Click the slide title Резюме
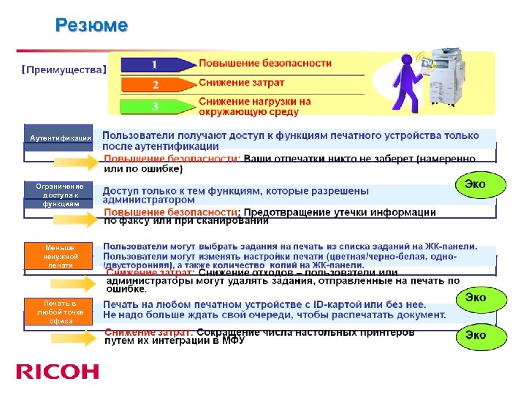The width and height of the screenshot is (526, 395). [x=92, y=26]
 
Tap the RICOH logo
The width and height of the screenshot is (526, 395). [x=58, y=372]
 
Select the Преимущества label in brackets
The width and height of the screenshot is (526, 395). [x=64, y=70]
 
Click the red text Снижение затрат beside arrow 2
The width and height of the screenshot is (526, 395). [x=242, y=83]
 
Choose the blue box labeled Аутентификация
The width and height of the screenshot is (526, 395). [x=60, y=138]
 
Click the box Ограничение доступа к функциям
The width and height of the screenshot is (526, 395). [x=60, y=195]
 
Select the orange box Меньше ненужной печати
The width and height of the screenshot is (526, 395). [x=60, y=256]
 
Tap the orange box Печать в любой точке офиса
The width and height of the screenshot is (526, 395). [x=60, y=312]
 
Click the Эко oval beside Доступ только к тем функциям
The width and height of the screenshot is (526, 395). [x=480, y=184]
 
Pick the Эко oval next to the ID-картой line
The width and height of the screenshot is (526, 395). [x=476, y=298]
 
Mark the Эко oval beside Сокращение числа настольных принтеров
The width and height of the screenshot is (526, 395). [x=476, y=335]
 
